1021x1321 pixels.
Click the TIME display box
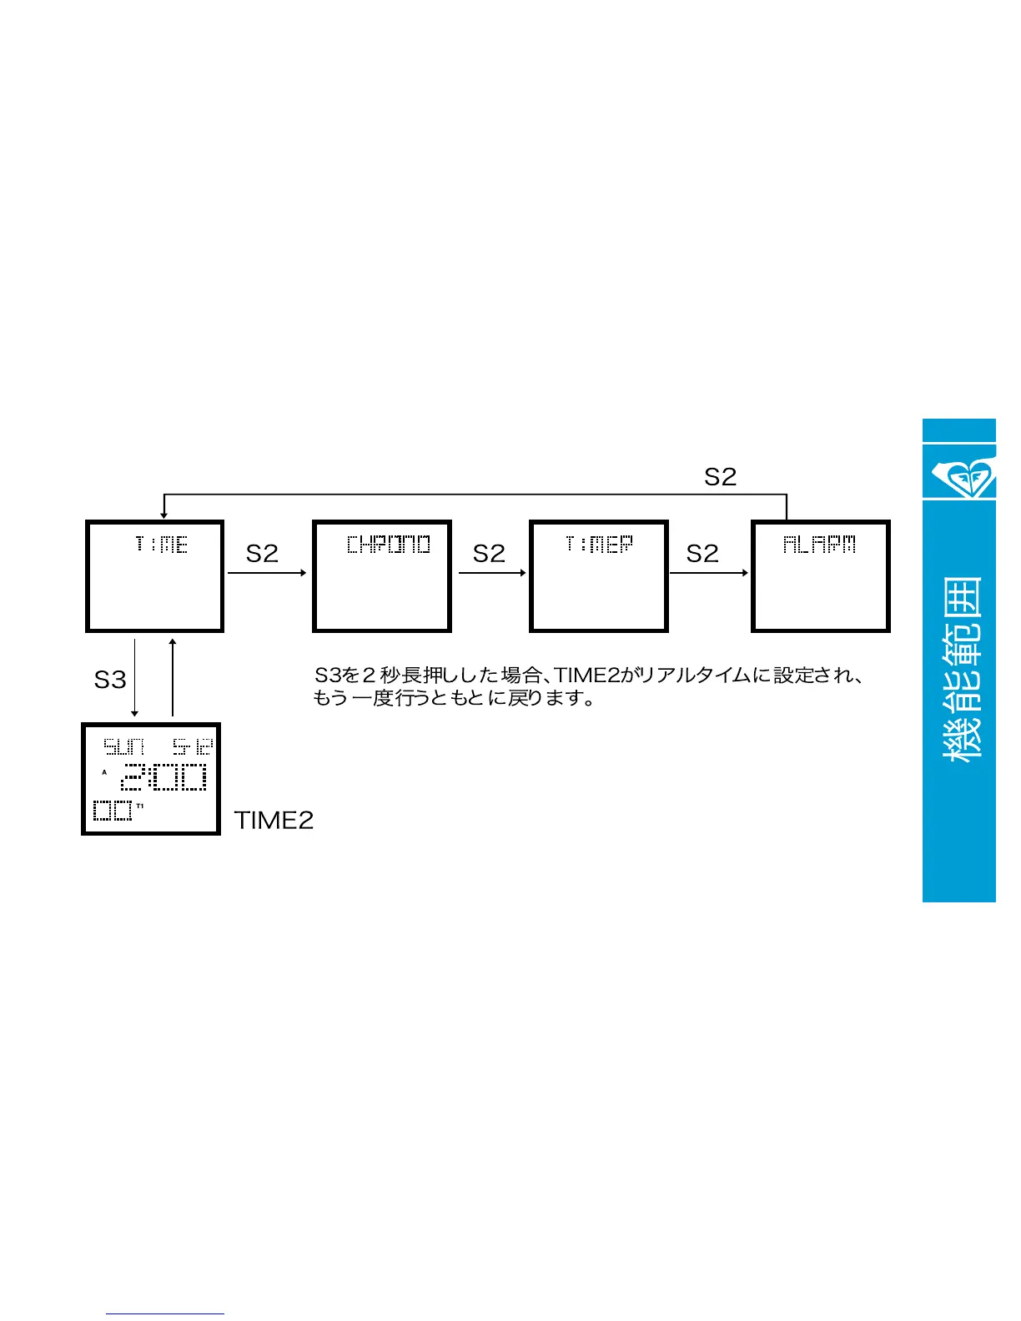click(x=155, y=576)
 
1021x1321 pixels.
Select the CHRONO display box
click(x=382, y=576)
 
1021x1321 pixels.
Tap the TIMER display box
click(x=599, y=576)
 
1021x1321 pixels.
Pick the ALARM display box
click(x=821, y=576)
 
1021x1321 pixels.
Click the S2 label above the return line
click(x=720, y=477)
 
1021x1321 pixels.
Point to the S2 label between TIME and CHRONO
click(x=262, y=554)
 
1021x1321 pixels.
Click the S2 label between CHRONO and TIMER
click(x=489, y=554)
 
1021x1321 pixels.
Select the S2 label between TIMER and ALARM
click(x=702, y=554)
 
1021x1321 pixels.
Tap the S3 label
click(x=110, y=680)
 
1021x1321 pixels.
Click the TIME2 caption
click(x=274, y=821)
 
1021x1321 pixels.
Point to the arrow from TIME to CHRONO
click(x=267, y=573)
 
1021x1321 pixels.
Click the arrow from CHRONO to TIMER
click(x=492, y=573)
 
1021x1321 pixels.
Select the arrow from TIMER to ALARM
click(x=709, y=573)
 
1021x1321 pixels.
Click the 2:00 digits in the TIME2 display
click(x=164, y=777)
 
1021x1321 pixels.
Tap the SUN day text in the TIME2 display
click(x=123, y=746)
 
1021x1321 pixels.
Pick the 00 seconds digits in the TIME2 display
click(x=113, y=810)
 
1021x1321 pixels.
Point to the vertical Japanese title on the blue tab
click(x=962, y=667)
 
